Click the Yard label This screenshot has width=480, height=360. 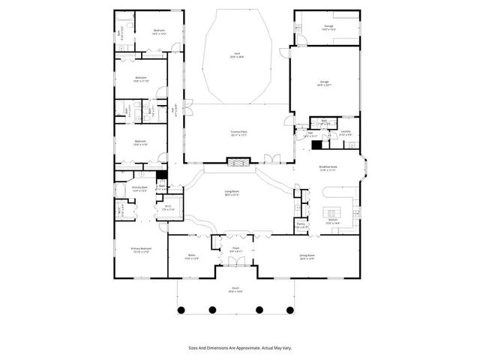[237, 55]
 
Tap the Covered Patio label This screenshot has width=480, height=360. [240, 131]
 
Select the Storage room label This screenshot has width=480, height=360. [328, 26]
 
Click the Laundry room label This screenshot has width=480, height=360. [346, 133]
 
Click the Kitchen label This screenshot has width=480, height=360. [332, 221]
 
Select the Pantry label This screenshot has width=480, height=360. [301, 223]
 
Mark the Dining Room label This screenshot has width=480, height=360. [306, 256]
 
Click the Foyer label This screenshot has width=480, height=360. [235, 250]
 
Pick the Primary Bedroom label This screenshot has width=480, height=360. [141, 250]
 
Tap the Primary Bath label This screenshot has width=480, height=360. [139, 188]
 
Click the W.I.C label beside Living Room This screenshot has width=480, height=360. [168, 208]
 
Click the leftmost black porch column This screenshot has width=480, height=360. [181, 309]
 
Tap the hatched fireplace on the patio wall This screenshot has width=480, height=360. [238, 161]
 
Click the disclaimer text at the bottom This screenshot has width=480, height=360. [239, 348]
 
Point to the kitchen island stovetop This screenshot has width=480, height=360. [332, 209]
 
